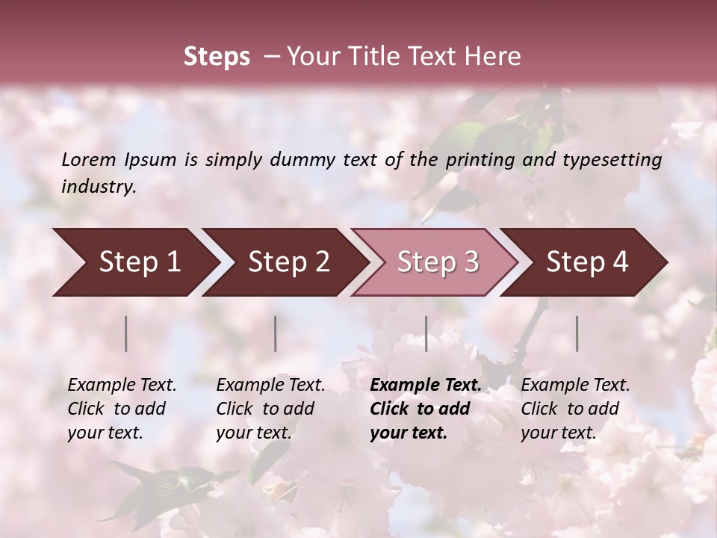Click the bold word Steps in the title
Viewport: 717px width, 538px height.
pyautogui.click(x=217, y=57)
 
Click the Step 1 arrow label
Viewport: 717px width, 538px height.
pyautogui.click(x=140, y=262)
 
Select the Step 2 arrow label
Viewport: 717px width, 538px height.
pyautogui.click(x=289, y=262)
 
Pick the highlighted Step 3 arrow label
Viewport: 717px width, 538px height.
pyautogui.click(x=438, y=262)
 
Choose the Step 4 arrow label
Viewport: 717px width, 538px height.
pyautogui.click(x=587, y=262)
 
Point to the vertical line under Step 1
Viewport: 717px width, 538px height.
pyautogui.click(x=126, y=333)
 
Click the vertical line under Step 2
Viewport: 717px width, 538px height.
pyautogui.click(x=276, y=333)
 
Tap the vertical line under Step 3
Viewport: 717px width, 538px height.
pyautogui.click(x=426, y=333)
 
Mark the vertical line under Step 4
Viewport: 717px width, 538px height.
pyautogui.click(x=577, y=333)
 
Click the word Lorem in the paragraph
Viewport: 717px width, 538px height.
pyautogui.click(x=89, y=160)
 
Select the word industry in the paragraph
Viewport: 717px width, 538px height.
pyautogui.click(x=99, y=187)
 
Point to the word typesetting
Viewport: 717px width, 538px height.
pyautogui.click(x=618, y=160)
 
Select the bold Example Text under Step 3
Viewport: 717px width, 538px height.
pyautogui.click(x=426, y=386)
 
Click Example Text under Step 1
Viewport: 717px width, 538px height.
pyautogui.click(x=122, y=386)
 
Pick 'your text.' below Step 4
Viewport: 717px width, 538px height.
pyautogui.click(x=558, y=433)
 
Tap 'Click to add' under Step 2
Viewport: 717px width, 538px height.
pyautogui.click(x=265, y=409)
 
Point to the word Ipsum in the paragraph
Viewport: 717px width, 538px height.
pyautogui.click(x=150, y=160)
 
